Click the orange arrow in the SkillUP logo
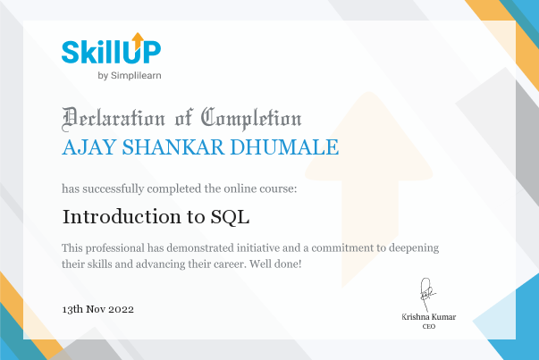point(138,40)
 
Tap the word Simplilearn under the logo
point(136,76)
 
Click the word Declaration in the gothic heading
point(114,119)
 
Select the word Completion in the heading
point(251,119)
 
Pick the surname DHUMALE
point(284,147)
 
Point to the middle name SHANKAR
point(173,147)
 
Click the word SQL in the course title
point(230,217)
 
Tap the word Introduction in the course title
point(122,217)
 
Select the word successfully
point(114,188)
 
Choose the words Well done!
point(275,264)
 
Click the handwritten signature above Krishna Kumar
point(426,294)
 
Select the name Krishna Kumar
point(429,317)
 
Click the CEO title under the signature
point(429,326)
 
